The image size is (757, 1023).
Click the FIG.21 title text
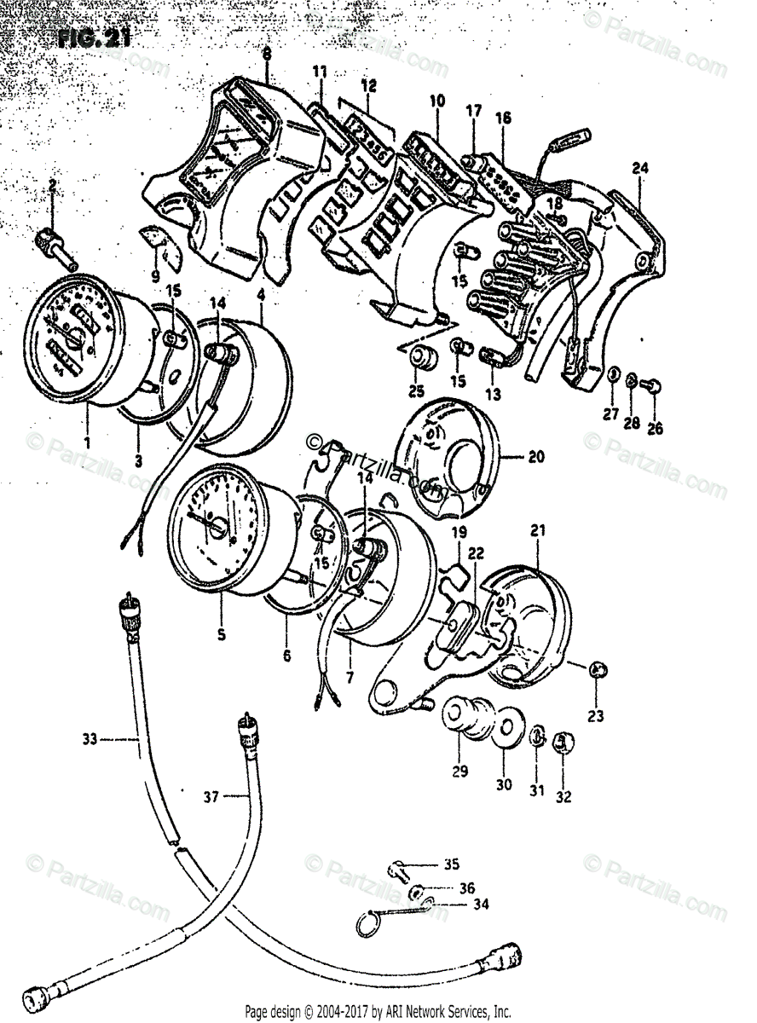click(95, 38)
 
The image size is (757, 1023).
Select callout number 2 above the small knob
click(53, 186)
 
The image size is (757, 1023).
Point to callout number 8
click(267, 54)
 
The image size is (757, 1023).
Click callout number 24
click(640, 169)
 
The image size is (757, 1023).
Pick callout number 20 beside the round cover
click(535, 457)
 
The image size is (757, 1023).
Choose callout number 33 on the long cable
click(90, 739)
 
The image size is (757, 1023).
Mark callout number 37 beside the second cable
click(211, 796)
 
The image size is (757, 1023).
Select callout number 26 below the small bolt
click(654, 429)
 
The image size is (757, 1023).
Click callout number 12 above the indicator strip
click(368, 86)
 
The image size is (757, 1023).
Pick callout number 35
click(451, 864)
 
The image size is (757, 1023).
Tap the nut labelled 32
click(562, 743)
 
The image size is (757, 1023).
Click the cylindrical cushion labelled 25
click(421, 360)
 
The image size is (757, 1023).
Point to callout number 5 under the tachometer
click(222, 633)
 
